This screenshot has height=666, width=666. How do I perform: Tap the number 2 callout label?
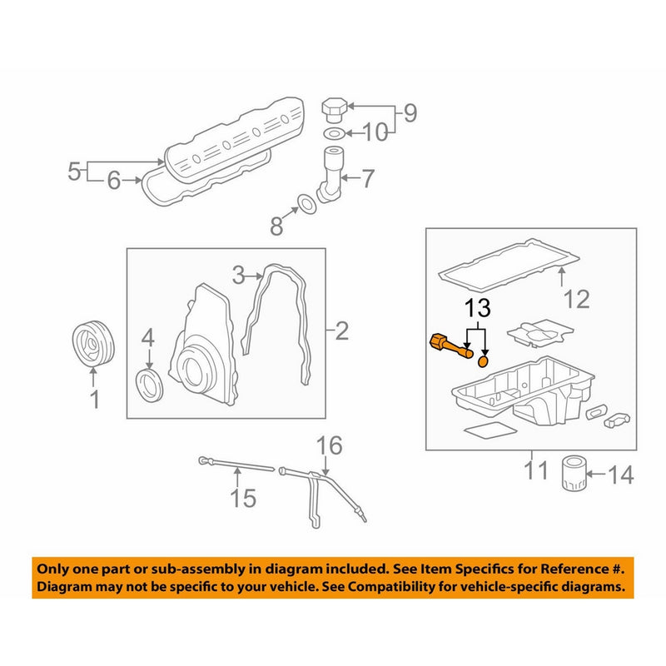(x=342, y=333)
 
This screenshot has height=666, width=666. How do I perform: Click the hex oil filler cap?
(x=334, y=110)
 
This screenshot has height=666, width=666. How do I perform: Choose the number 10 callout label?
(x=375, y=132)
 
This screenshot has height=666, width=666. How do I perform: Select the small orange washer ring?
(x=484, y=362)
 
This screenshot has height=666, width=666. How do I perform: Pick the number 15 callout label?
(x=242, y=498)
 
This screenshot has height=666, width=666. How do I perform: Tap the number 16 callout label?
(x=329, y=445)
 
